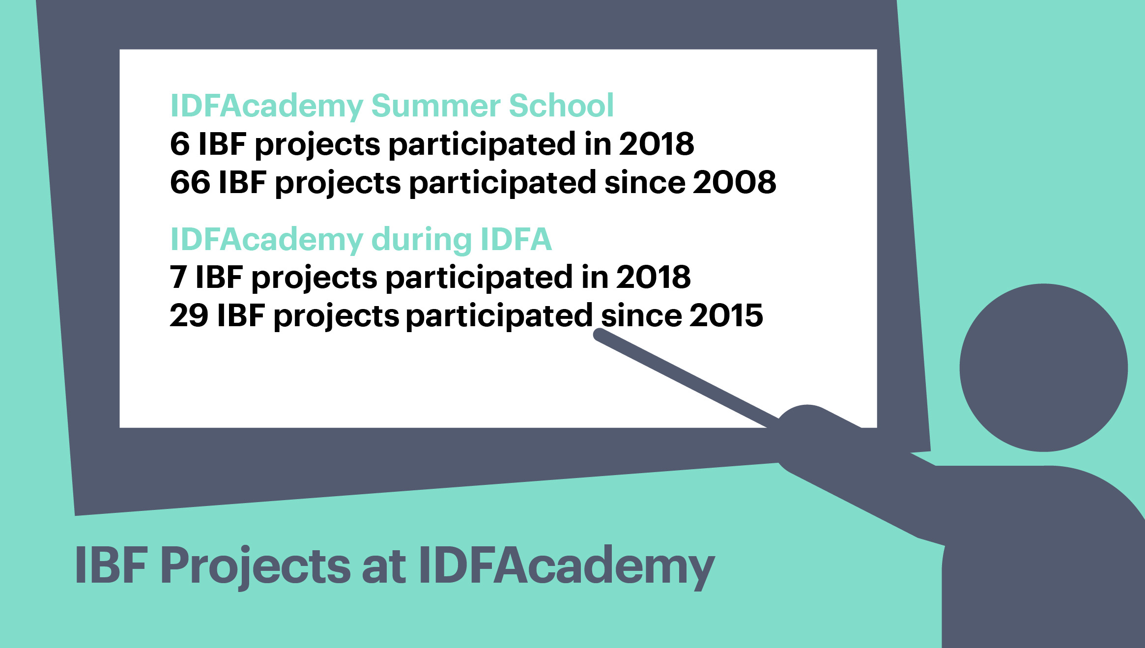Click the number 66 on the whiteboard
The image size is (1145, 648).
coord(190,182)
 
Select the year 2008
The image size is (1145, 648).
coord(735,182)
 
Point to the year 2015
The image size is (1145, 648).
coord(726,315)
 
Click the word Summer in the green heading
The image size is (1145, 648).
coord(435,106)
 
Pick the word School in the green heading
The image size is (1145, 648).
coord(562,105)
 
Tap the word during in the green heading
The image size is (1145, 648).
coord(421,240)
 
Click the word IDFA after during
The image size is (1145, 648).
coord(516,239)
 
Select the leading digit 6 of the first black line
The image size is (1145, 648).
coord(180,144)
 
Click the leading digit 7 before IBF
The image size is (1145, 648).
coord(178,277)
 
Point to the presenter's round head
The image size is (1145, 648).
coord(1044,367)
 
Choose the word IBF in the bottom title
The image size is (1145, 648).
coord(111,565)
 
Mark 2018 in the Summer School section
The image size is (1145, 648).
coord(657,144)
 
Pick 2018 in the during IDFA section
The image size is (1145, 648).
coord(654,277)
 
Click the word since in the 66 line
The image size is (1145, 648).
coord(644,182)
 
